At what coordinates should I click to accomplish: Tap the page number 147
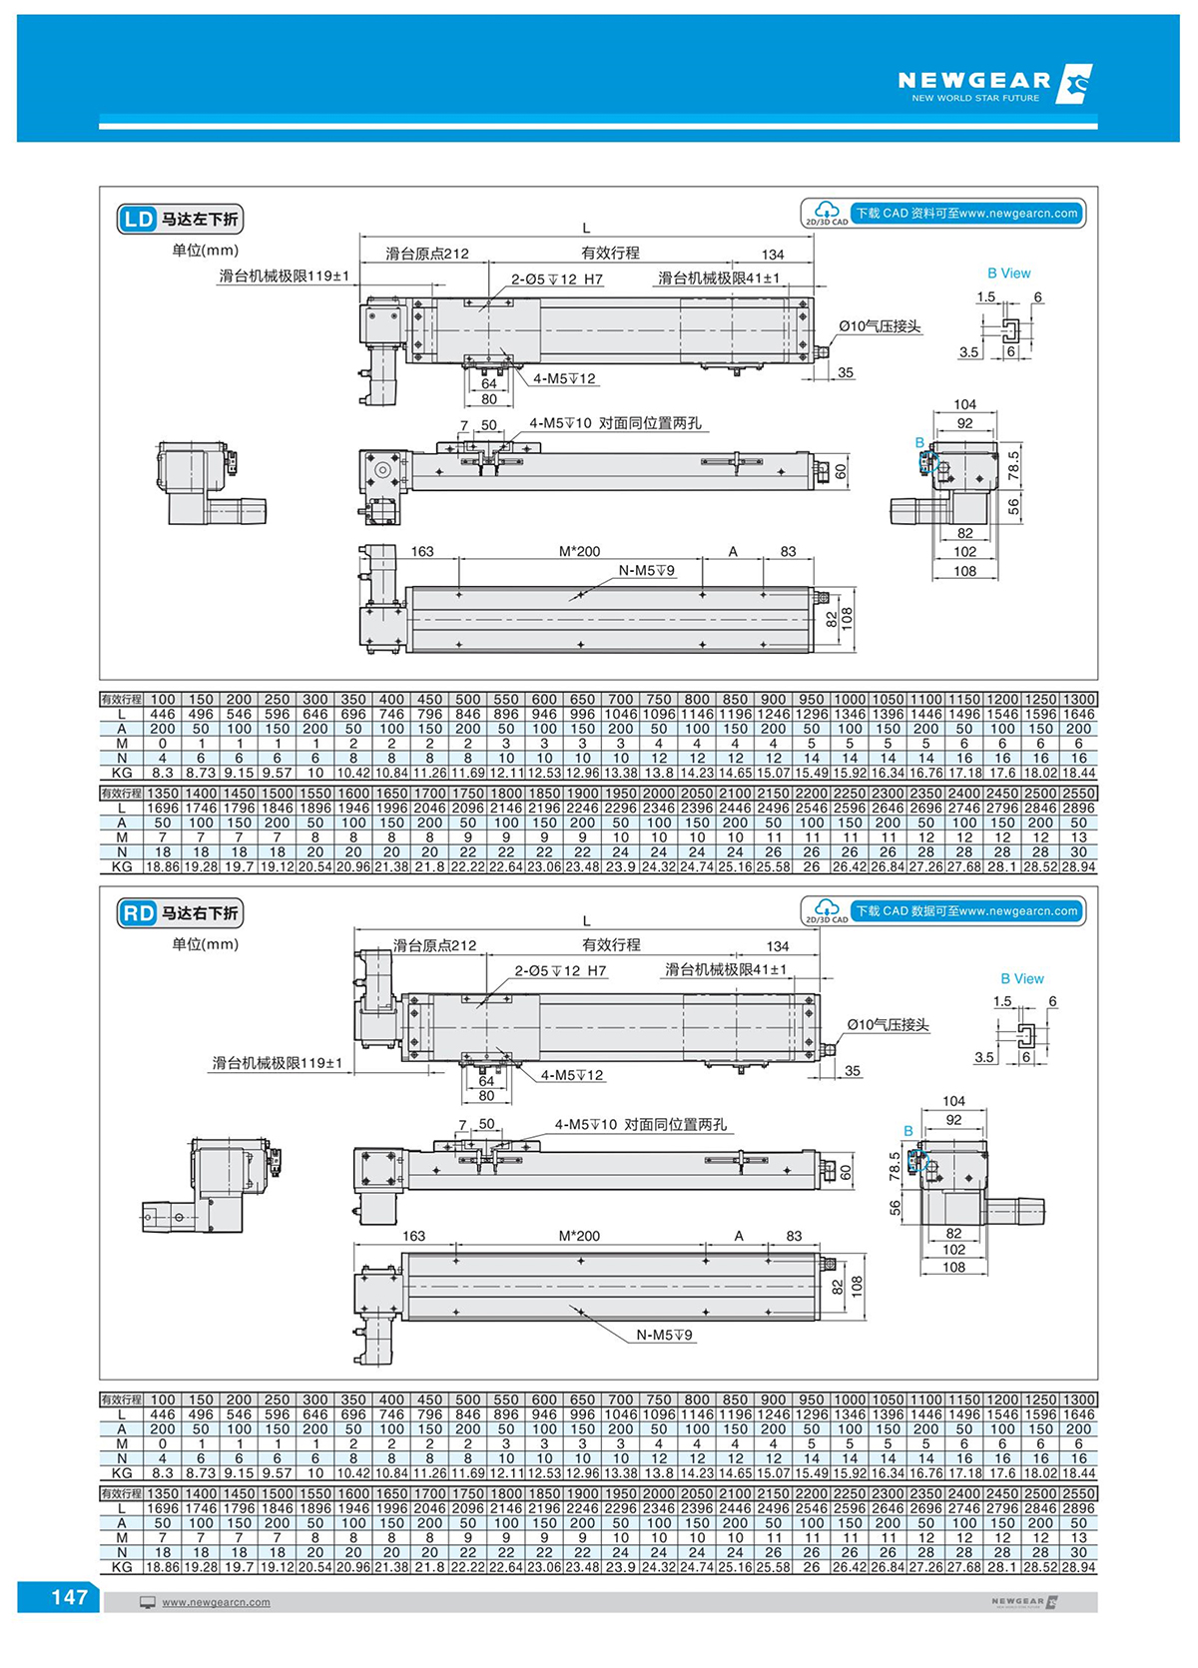coord(69,1597)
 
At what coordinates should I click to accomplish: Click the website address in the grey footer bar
coord(216,1602)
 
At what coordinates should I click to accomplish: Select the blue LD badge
coord(138,219)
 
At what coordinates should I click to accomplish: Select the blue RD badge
coord(138,912)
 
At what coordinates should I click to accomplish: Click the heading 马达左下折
coord(200,219)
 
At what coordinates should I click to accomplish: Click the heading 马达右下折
coord(200,912)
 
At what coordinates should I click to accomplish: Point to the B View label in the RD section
coord(1021,978)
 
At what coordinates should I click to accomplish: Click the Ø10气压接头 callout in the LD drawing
coord(880,326)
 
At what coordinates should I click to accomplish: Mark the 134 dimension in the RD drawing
coord(778,946)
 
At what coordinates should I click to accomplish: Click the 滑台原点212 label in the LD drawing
coord(427,254)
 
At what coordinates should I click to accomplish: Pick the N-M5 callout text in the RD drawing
coord(664,1335)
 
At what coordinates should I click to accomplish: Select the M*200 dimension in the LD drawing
coord(579,551)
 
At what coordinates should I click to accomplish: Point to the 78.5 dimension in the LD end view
coord(1013,464)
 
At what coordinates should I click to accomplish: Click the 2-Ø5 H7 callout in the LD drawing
coord(557,279)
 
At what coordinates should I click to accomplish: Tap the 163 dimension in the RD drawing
coord(413,1236)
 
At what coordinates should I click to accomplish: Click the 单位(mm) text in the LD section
coord(206,250)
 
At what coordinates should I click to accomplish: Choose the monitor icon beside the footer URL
coord(148,1602)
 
